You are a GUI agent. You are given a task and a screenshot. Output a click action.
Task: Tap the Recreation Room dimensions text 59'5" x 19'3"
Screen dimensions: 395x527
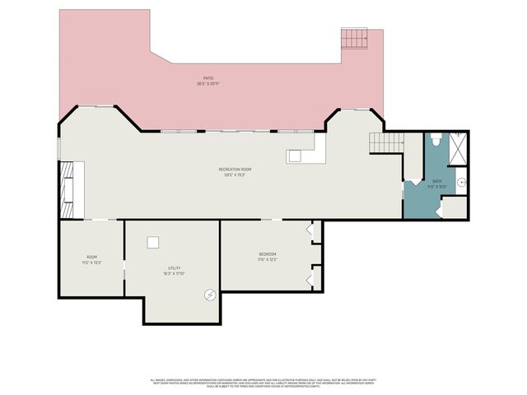click(233, 175)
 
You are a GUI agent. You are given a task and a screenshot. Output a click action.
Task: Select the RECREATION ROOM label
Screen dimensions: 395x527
click(233, 170)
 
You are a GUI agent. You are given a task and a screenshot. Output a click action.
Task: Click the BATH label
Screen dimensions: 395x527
click(437, 182)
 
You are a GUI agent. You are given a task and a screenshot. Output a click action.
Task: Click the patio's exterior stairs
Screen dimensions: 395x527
click(355, 39)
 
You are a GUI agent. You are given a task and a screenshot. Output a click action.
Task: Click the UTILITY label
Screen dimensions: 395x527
click(174, 268)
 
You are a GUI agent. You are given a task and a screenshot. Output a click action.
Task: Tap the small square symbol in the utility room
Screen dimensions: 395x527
click(152, 242)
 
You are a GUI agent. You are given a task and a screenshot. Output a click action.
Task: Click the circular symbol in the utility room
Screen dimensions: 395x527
click(210, 294)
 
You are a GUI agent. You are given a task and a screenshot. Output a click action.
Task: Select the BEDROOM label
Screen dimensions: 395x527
click(267, 253)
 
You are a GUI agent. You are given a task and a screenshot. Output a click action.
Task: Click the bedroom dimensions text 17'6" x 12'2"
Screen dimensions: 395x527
click(267, 259)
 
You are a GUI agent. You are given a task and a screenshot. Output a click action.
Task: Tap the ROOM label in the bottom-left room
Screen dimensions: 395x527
click(91, 257)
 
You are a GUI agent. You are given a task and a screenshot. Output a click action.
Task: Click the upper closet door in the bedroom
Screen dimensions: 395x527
click(311, 230)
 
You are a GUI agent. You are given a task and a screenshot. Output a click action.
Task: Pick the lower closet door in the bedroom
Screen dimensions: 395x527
click(311, 279)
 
